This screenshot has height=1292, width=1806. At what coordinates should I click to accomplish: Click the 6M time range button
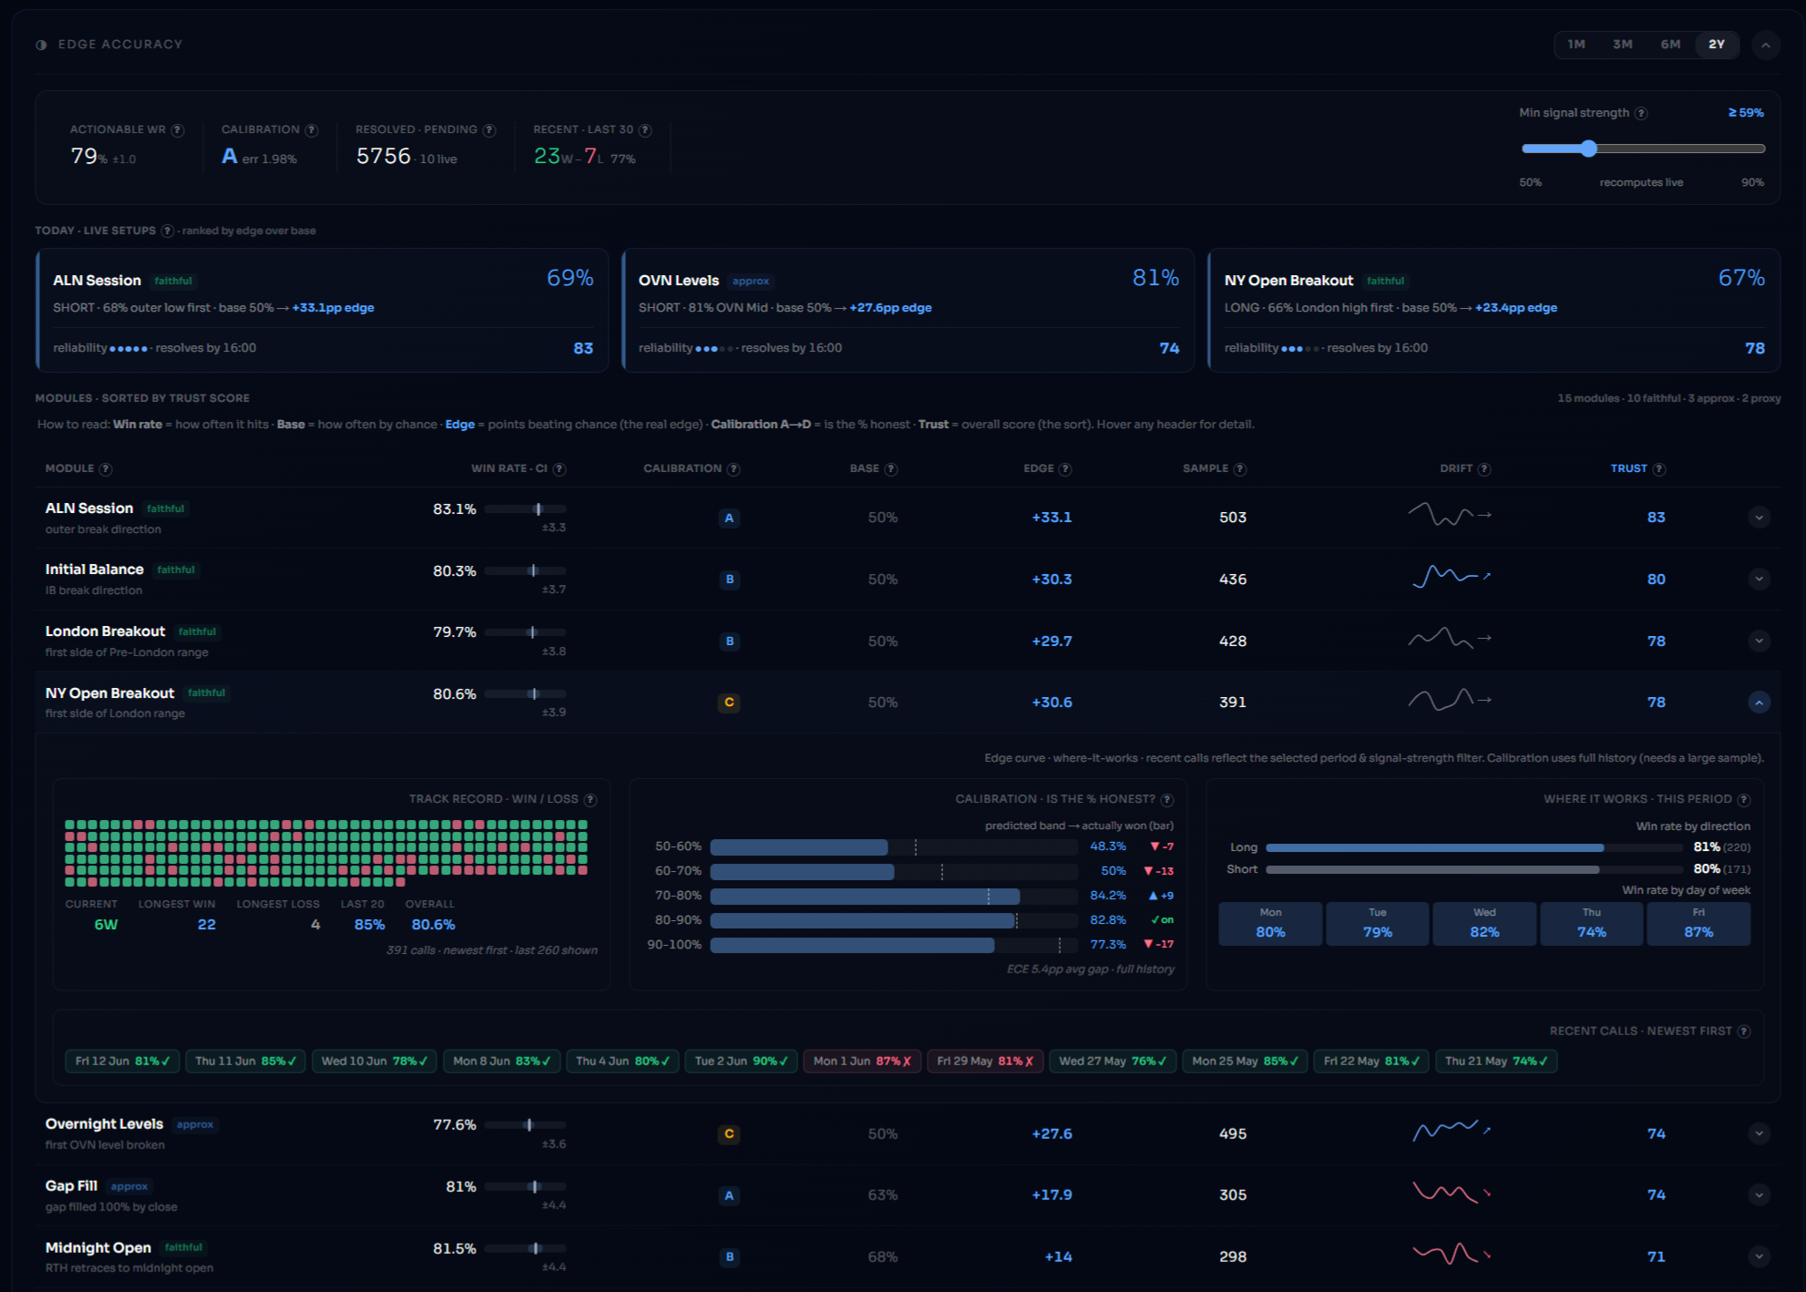tap(1670, 44)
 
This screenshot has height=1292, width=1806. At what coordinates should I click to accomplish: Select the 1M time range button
tap(1576, 44)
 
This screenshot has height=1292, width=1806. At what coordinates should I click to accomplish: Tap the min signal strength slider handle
tap(1589, 149)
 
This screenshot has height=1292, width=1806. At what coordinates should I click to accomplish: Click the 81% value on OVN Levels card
tap(1155, 278)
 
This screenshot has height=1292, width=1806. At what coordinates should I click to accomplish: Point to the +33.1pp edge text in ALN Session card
tap(333, 308)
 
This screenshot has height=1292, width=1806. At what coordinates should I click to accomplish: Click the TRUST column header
tap(1628, 468)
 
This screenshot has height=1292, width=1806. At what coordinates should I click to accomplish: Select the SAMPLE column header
tap(1206, 468)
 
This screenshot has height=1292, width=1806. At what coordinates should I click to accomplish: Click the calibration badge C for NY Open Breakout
tap(729, 702)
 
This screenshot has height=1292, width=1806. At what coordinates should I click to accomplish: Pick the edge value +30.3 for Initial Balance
tap(1052, 579)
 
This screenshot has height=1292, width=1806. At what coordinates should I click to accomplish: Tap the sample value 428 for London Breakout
tap(1233, 641)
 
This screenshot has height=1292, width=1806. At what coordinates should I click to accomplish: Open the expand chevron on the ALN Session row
tap(1759, 518)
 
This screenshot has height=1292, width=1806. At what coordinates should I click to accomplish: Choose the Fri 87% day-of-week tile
tap(1698, 924)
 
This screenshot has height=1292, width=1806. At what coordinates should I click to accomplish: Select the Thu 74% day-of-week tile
tap(1591, 924)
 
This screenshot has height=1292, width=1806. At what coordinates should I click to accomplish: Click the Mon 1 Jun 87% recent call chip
tap(861, 1061)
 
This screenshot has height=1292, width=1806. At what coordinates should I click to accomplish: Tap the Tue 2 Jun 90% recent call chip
tap(741, 1061)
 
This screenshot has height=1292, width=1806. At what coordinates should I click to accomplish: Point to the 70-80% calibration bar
tap(865, 896)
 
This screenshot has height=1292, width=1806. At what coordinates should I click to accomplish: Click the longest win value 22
tap(207, 925)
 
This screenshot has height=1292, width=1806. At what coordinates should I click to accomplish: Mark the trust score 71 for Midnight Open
tap(1657, 1257)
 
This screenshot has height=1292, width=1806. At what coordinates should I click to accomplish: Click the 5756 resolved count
tap(384, 156)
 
